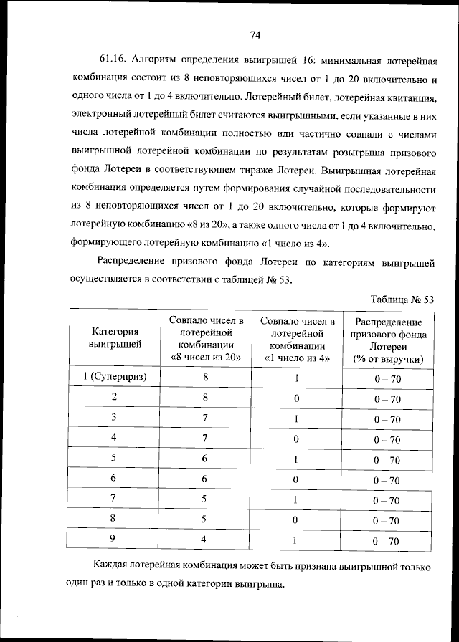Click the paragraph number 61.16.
coord(114,59)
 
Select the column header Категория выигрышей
coord(114,337)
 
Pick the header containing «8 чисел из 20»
coord(207,338)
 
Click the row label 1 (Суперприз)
coord(114,377)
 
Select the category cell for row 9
coord(114,540)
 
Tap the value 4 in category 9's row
coord(207,540)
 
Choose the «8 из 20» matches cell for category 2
coord(207,398)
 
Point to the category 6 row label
coord(114,479)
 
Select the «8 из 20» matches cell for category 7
coord(207,499)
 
